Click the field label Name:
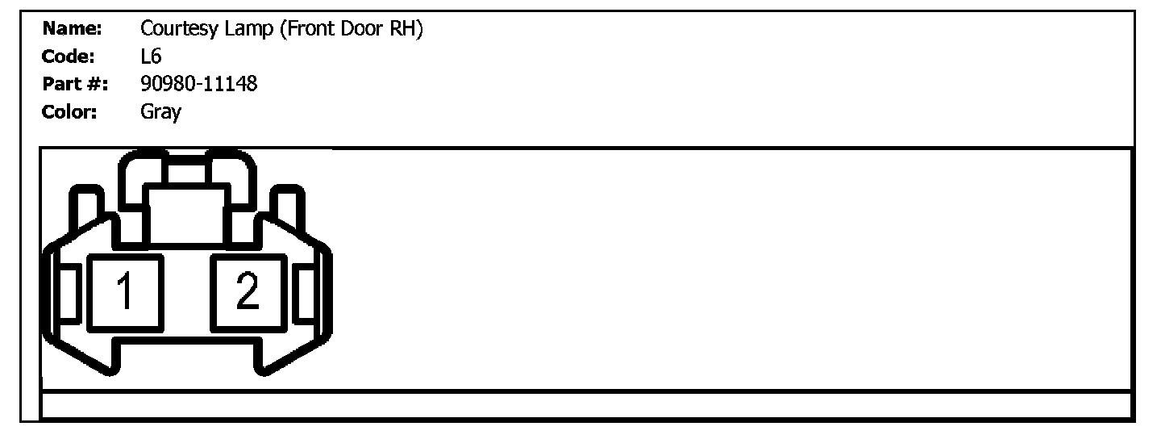click(72, 30)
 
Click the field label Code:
click(69, 56)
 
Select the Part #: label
click(77, 83)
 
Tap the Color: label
click(69, 111)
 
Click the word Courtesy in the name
click(174, 31)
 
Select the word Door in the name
click(358, 30)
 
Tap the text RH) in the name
click(406, 30)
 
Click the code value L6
click(151, 56)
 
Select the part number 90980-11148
click(199, 83)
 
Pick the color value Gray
click(160, 111)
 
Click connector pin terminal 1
click(125, 292)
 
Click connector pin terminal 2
click(248, 292)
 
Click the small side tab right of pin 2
click(306, 292)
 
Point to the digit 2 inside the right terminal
click(248, 292)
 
